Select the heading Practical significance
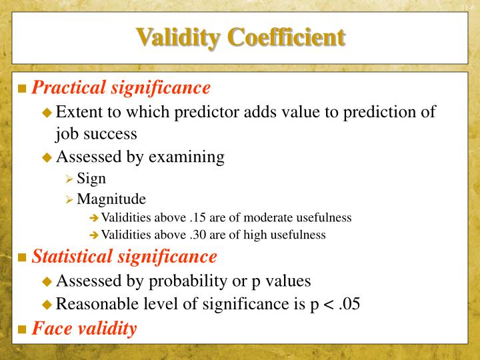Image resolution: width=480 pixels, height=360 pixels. pyautogui.click(x=121, y=87)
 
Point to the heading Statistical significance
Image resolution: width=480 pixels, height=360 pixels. pyautogui.click(x=125, y=256)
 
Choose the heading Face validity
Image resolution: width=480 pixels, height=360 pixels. pyautogui.click(x=85, y=328)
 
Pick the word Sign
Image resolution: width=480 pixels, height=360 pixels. pyautogui.click(x=91, y=179)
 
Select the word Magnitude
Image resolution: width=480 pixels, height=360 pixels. pyautogui.click(x=111, y=199)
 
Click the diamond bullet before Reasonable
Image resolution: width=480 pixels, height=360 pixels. pyautogui.click(x=47, y=305)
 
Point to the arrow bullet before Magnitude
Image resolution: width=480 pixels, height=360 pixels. pyautogui.click(x=69, y=199)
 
